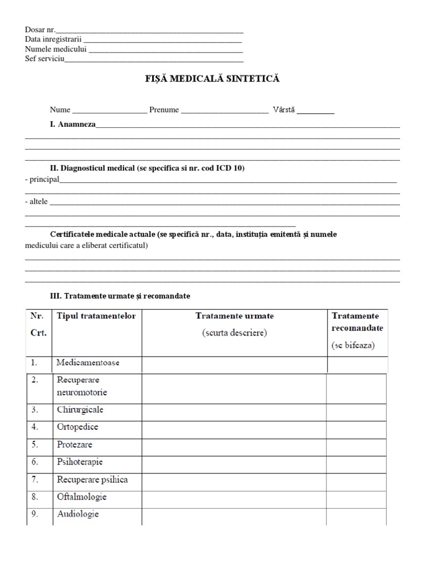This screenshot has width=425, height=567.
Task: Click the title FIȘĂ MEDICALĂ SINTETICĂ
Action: point(212,79)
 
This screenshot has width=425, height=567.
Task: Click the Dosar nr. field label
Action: point(40,29)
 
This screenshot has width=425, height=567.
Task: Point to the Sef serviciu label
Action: point(45,59)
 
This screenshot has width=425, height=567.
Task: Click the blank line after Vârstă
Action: point(315,111)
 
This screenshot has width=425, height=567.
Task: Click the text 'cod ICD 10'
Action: point(225,168)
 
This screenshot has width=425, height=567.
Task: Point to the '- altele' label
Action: point(37,202)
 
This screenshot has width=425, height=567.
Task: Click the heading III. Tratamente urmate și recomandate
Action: point(120,296)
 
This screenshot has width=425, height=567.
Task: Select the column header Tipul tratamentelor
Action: point(96,316)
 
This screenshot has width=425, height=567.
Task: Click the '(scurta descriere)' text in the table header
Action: point(235,333)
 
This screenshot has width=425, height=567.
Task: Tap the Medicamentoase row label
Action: point(88,363)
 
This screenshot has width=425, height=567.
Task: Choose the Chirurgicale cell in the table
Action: point(80,410)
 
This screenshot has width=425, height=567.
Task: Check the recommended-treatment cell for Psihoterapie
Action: point(356,462)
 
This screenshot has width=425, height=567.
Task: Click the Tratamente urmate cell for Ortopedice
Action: point(234,427)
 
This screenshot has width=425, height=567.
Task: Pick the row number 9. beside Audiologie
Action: point(34,514)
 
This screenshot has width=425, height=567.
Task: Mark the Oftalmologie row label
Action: point(81,497)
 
